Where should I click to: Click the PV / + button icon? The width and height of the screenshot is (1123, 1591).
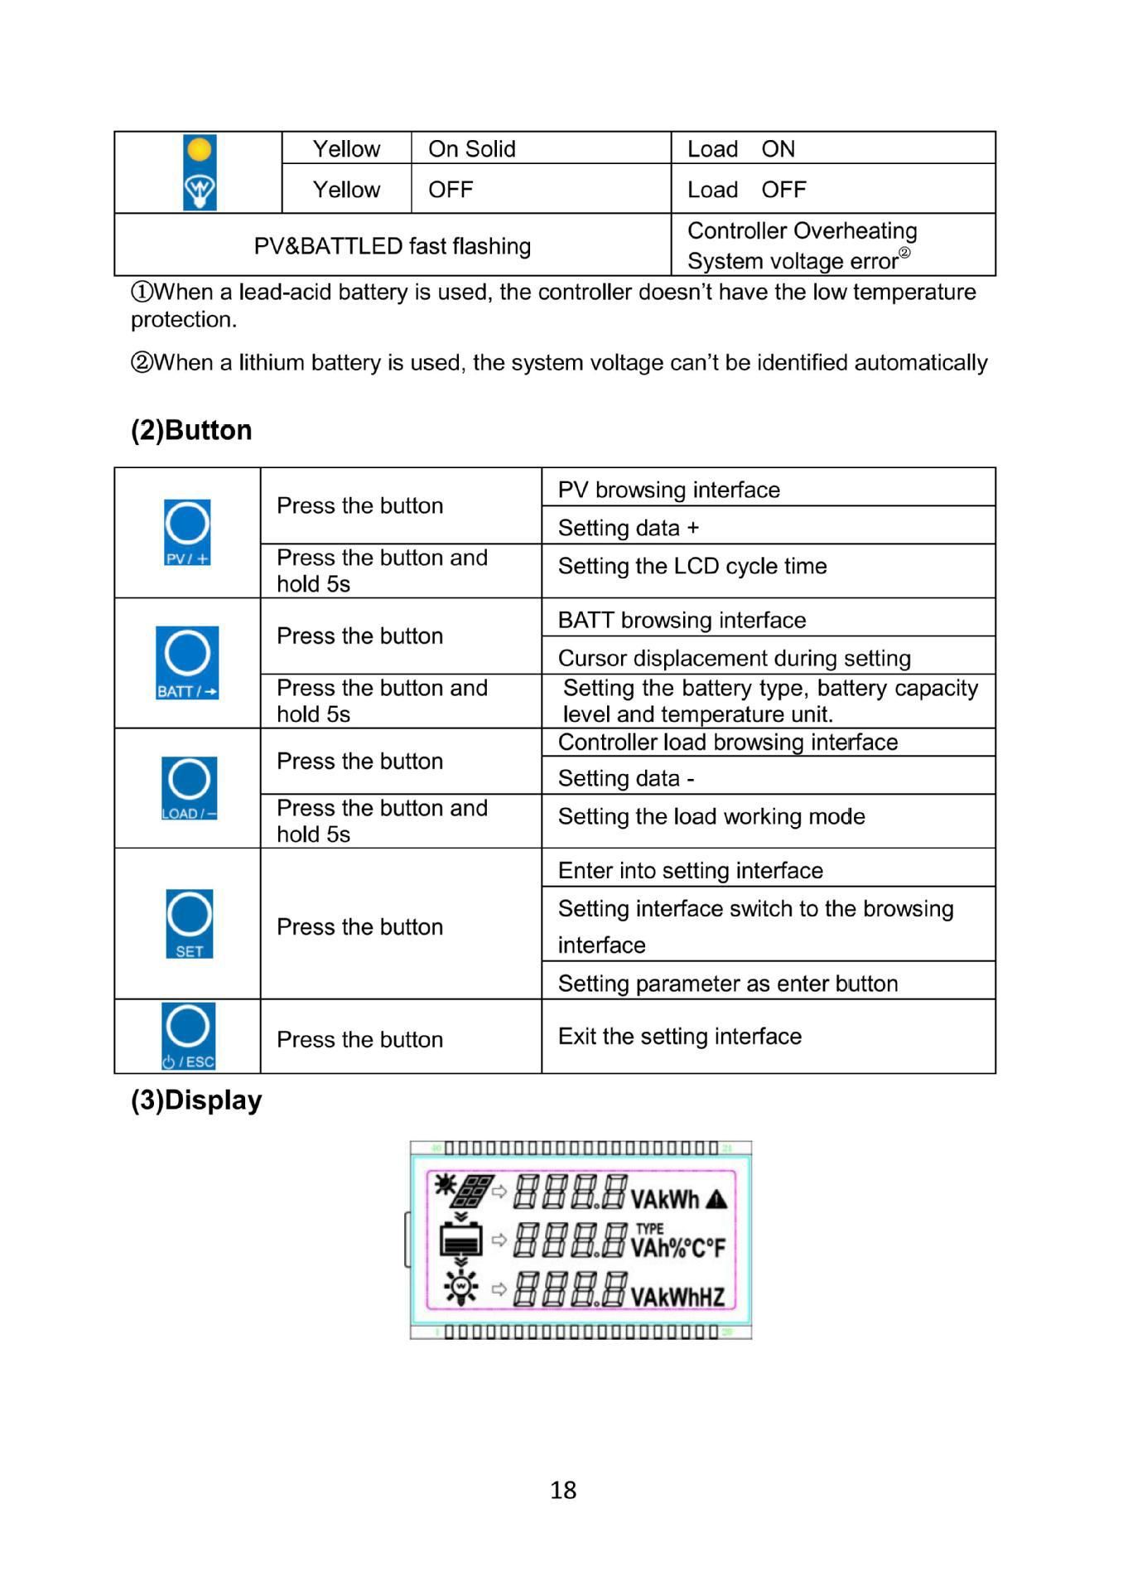187,532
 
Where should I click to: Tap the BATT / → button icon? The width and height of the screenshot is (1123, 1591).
187,662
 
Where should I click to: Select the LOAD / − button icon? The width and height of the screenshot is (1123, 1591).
189,788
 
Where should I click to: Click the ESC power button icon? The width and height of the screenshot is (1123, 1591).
189,1036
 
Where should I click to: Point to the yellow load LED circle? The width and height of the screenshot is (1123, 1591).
200,150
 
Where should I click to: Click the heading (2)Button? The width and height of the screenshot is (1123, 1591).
191,430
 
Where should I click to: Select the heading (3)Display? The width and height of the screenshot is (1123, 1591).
196,1100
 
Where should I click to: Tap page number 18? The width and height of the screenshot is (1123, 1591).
563,1489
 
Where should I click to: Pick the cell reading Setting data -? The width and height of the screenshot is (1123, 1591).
626,778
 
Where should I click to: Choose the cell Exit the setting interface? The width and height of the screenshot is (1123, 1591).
680,1036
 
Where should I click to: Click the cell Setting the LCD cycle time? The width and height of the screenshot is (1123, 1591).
692,566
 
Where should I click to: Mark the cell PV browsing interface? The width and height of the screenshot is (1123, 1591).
669,490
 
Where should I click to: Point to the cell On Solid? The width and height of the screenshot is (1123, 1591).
472,149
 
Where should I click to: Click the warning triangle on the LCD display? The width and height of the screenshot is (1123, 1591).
716,1199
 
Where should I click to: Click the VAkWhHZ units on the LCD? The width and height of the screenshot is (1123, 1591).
677,1296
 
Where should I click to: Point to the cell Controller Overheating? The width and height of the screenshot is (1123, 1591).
802,230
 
